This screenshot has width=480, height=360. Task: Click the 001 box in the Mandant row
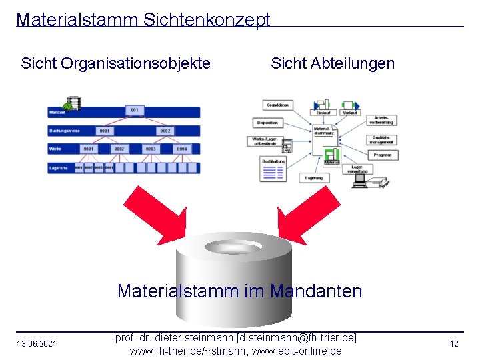tap(135, 110)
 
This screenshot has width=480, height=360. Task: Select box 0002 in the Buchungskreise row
tap(165, 131)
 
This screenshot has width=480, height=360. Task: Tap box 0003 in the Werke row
tap(151, 149)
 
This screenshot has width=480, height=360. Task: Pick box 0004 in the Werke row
tap(182, 149)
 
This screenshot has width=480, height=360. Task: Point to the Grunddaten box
tap(277, 105)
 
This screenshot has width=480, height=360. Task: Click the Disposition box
tap(267, 123)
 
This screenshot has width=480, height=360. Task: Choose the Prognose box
tap(382, 155)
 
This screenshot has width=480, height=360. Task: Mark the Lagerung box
tap(313, 178)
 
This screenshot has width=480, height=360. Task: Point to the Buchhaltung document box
tap(273, 169)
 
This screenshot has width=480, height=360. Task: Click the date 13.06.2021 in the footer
tap(37, 344)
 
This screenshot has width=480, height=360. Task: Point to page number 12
tap(454, 344)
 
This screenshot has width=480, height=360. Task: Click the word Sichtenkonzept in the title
tap(207, 20)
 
